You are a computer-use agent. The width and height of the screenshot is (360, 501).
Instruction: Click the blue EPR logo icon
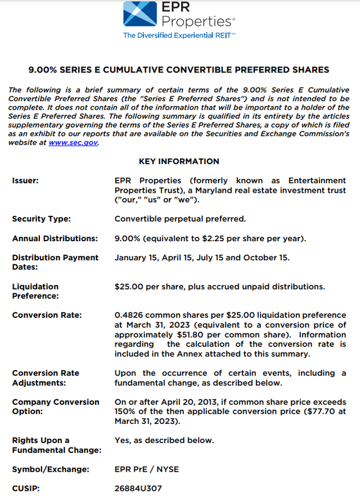tap(139, 14)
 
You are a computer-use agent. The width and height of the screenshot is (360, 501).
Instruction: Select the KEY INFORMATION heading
tap(179, 161)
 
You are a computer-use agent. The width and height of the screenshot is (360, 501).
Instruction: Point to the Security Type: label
tap(41, 219)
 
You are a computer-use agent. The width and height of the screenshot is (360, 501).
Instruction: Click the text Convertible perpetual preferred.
tap(180, 219)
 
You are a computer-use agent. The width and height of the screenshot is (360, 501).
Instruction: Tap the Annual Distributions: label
tap(55, 238)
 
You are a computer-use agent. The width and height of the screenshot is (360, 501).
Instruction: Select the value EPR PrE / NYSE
tap(147, 469)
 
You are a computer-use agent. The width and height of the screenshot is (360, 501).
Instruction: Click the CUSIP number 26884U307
tap(138, 488)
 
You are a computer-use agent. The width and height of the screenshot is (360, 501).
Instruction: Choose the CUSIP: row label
tap(25, 488)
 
